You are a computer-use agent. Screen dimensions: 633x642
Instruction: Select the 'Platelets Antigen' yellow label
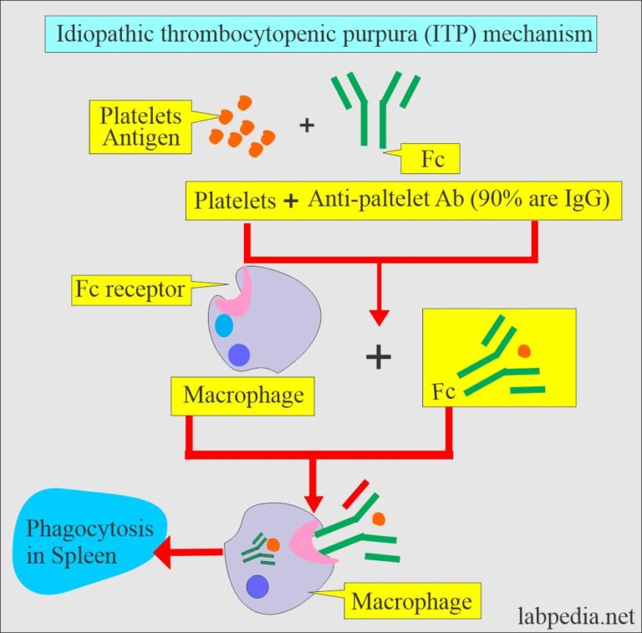click(x=140, y=126)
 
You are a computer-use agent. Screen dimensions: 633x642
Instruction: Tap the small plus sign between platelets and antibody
click(x=308, y=125)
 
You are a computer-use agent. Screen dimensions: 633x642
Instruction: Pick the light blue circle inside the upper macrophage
click(x=224, y=325)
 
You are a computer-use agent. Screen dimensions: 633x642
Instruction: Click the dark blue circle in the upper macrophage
click(x=239, y=355)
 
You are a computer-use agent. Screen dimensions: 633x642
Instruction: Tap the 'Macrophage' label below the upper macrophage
click(x=243, y=395)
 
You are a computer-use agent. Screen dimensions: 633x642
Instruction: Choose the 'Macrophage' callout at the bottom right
click(x=410, y=601)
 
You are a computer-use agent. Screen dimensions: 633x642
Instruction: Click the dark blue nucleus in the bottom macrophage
click(x=257, y=588)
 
